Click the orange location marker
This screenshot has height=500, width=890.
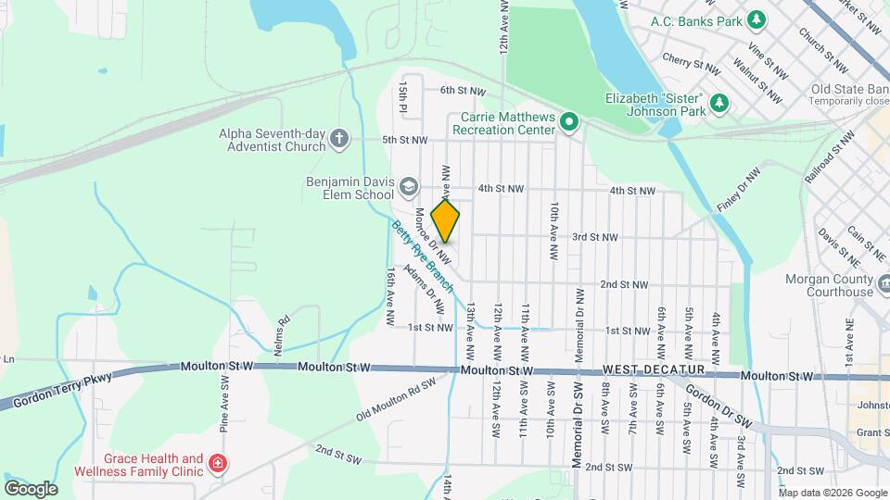(x=446, y=221)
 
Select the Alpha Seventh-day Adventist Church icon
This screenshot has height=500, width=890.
(x=339, y=140)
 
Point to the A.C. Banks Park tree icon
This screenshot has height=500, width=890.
(x=757, y=19)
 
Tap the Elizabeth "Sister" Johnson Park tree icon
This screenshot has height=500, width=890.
(x=718, y=105)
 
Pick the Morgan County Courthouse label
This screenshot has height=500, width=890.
(x=816, y=285)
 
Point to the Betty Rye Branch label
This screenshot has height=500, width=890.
(x=422, y=256)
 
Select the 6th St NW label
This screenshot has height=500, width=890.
(x=463, y=91)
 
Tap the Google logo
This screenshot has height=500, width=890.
(x=31, y=488)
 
